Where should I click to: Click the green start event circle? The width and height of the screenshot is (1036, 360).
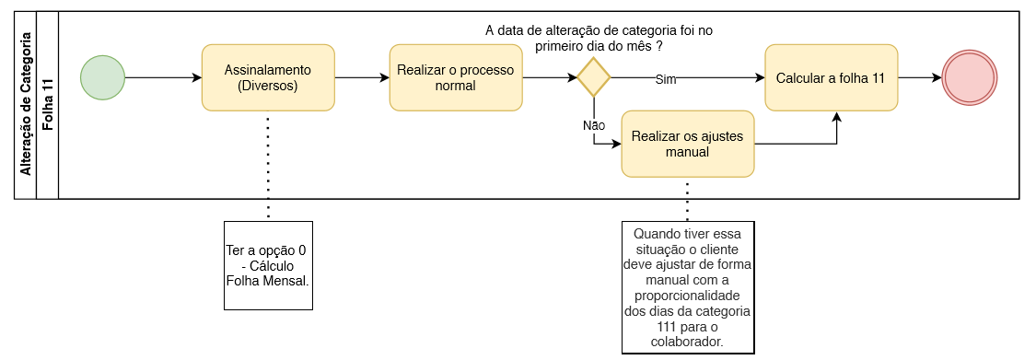pos(102,77)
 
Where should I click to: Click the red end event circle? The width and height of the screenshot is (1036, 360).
pos(970,77)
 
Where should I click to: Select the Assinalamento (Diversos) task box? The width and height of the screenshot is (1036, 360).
pos(268,77)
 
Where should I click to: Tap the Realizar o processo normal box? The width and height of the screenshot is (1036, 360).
pos(456,77)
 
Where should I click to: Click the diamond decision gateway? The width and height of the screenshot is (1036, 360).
pos(593,77)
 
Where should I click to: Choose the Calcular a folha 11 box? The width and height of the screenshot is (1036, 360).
pos(832,77)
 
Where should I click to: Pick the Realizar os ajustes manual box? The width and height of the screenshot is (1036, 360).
pos(687,144)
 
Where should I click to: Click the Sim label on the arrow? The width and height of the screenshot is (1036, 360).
pos(665,80)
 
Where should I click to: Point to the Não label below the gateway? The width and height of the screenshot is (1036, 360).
pos(593,125)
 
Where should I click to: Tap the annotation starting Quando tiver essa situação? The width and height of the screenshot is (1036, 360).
pos(687,288)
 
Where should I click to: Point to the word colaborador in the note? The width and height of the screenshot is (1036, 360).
pos(687,343)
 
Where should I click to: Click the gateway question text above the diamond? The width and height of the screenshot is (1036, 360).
pos(599,39)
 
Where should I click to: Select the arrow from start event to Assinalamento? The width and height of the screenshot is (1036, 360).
pos(163,77)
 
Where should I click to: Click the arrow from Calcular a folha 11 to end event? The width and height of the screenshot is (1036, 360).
pos(920,77)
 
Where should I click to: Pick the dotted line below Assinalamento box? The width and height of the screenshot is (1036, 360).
pos(268,166)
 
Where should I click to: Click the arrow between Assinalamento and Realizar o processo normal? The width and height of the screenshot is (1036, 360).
pos(362,77)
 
